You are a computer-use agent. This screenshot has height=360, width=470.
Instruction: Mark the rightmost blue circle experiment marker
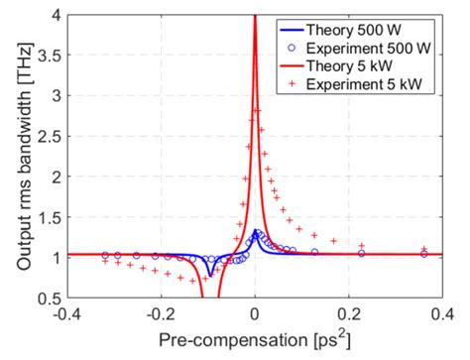(424, 254)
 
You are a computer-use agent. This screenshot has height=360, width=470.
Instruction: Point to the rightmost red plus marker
(424, 249)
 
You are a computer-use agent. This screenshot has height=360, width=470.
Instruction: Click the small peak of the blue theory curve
(256, 232)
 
